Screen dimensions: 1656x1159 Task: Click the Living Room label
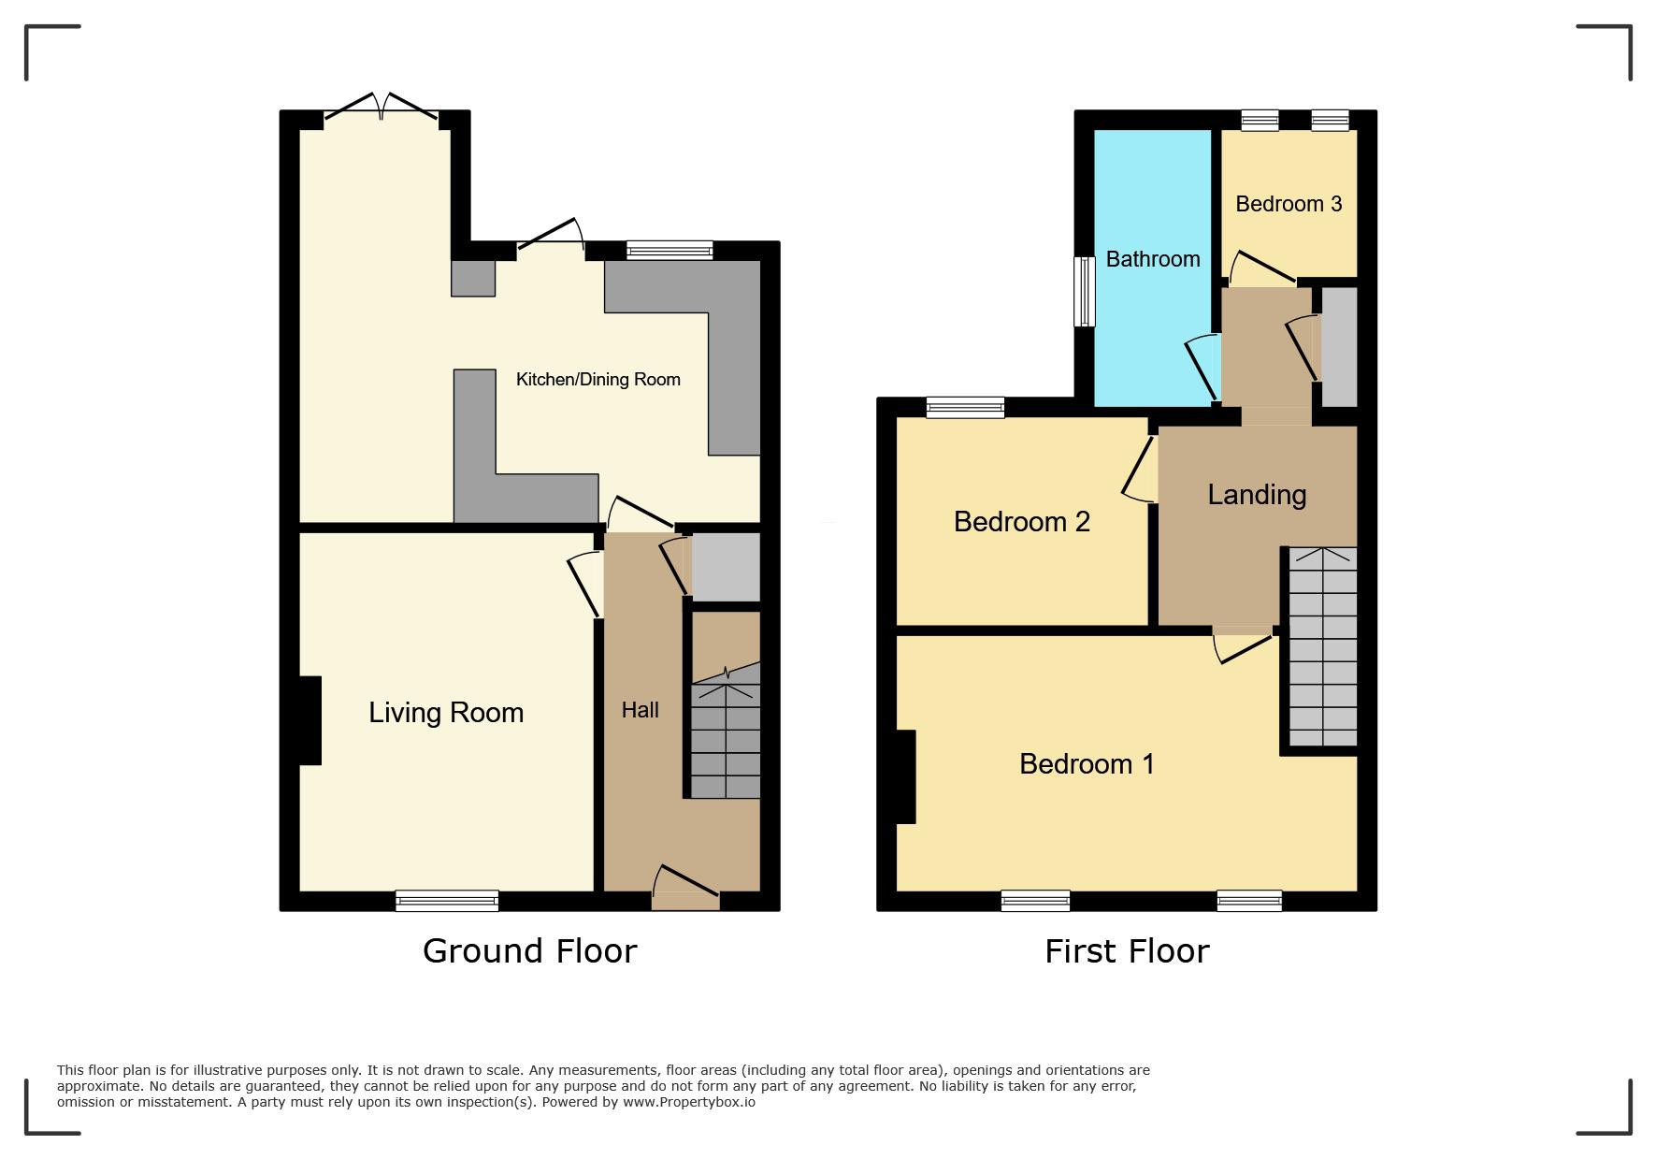click(x=446, y=713)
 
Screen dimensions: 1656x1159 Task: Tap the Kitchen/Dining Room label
click(x=598, y=379)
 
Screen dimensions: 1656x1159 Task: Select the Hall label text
click(x=641, y=710)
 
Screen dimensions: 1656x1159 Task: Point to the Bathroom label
click(x=1153, y=259)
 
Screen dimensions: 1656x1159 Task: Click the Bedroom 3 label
click(x=1289, y=204)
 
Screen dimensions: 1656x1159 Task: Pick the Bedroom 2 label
click(x=1022, y=521)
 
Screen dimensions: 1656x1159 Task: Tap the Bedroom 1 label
click(x=1087, y=764)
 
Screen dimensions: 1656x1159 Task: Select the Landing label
click(x=1257, y=495)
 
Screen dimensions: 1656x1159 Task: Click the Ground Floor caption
click(x=530, y=950)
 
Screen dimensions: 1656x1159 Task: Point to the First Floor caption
click(x=1127, y=951)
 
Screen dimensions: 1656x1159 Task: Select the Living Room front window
click(x=447, y=901)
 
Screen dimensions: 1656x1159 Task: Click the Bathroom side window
click(x=1085, y=291)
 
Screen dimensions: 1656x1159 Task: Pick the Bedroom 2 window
click(x=965, y=407)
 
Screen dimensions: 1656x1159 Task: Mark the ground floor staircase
click(x=726, y=731)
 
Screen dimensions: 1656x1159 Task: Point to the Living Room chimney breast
click(x=310, y=720)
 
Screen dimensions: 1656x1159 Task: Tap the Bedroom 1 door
click(x=1245, y=645)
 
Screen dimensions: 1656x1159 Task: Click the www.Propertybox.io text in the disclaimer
click(x=689, y=1102)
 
